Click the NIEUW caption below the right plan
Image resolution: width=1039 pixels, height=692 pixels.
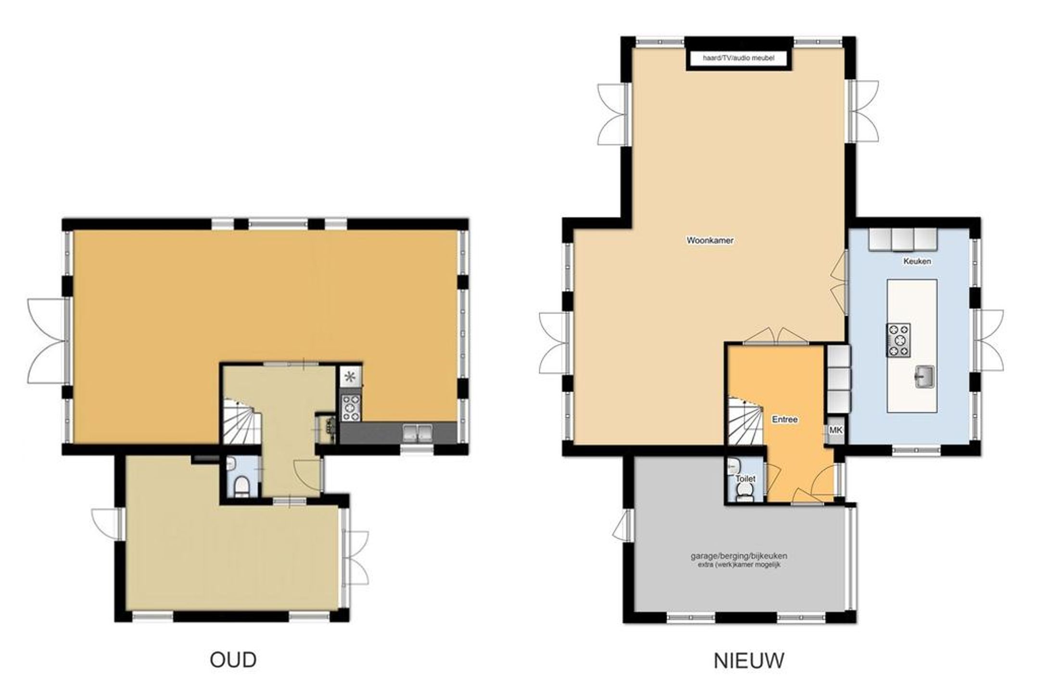[x=748, y=660]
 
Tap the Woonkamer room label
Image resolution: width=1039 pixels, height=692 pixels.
[x=710, y=240]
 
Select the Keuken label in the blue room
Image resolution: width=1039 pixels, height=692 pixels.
[x=917, y=262]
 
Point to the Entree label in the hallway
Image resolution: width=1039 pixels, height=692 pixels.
[x=785, y=419]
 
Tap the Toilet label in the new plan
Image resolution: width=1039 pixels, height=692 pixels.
[x=745, y=479]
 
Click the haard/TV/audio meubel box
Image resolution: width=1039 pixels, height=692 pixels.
[x=739, y=58]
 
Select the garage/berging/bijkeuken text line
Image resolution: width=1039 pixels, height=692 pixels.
[x=739, y=556]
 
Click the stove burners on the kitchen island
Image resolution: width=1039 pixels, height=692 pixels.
[x=899, y=340]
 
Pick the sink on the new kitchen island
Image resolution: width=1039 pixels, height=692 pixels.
[x=924, y=376]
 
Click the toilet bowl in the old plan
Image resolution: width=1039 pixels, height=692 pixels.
[x=241, y=487]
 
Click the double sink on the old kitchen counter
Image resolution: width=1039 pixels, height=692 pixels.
[x=418, y=433]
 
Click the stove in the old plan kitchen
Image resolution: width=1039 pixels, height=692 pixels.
[x=351, y=408]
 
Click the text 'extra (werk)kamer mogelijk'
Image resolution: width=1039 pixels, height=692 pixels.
[x=739, y=565]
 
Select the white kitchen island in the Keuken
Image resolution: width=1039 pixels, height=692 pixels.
[x=912, y=346]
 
